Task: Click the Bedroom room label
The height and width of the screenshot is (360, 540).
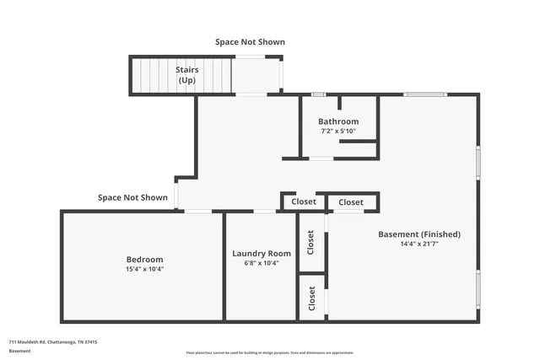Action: tap(144, 259)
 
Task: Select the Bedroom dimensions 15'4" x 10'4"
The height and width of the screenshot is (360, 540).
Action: tap(144, 269)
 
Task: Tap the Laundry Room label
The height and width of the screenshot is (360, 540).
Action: tap(262, 253)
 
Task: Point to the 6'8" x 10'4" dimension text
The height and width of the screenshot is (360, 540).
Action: tap(262, 263)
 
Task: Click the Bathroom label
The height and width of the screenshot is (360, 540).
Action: tap(338, 121)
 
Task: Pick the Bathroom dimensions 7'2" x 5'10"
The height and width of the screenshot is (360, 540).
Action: tap(338, 132)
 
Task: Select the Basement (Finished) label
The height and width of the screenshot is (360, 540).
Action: tap(419, 234)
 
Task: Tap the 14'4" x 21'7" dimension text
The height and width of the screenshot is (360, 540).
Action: tap(419, 244)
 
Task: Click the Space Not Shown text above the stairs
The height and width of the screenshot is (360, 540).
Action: tap(250, 41)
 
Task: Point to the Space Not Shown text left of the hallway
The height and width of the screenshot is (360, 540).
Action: tap(132, 197)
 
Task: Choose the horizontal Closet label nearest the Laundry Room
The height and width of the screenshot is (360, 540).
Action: tap(304, 201)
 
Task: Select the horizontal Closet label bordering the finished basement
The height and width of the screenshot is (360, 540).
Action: tap(351, 201)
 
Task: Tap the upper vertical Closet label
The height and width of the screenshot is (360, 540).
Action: tap(310, 243)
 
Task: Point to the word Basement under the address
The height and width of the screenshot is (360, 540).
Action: tap(19, 350)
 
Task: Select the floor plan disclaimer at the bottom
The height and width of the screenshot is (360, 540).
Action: tap(269, 352)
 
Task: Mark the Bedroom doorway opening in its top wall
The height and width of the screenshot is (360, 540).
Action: tap(198, 211)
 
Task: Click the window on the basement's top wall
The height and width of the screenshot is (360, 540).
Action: tap(425, 94)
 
